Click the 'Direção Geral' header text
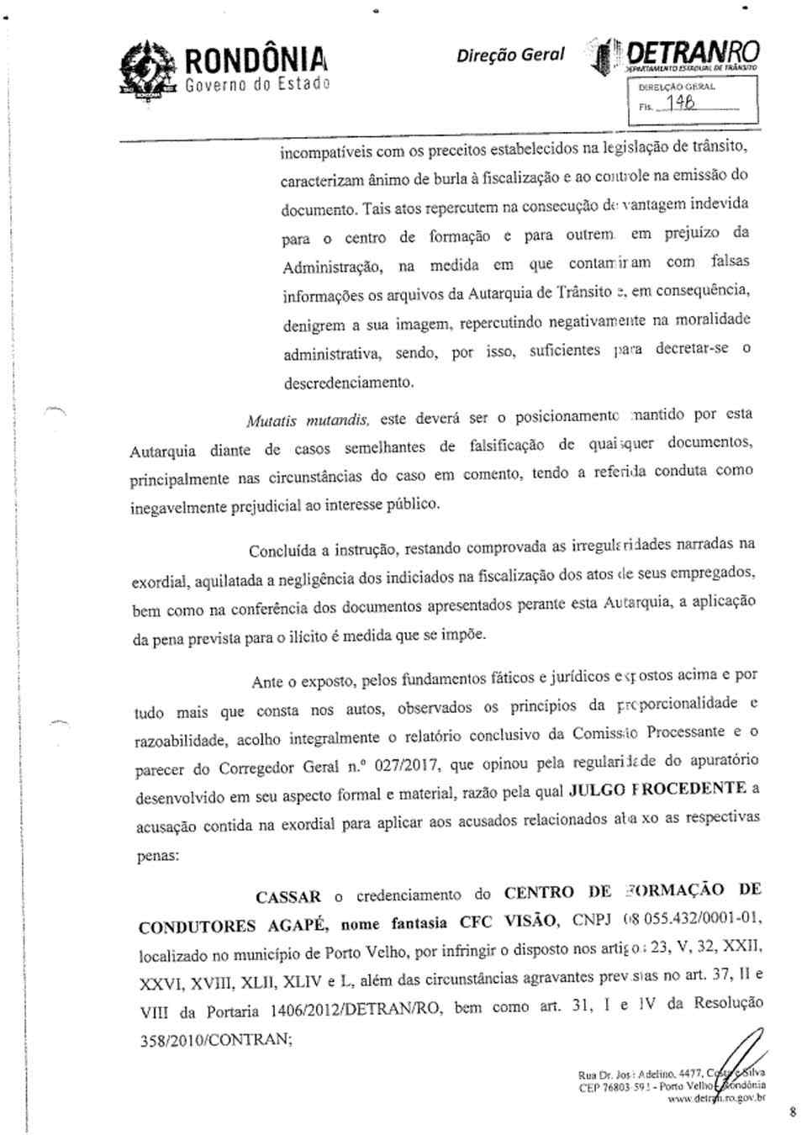[x=511, y=54]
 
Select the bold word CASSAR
[x=288, y=897]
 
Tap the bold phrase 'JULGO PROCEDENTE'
[x=658, y=789]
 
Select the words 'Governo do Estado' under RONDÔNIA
[x=257, y=84]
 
